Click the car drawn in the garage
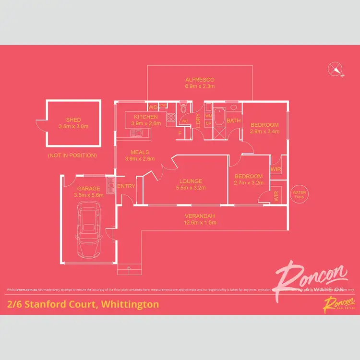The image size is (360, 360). pos(88,229)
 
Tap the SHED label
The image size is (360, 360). pos(73,120)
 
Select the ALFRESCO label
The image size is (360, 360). pos(199,80)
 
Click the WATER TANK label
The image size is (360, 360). pos(299,194)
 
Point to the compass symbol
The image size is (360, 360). pos(336,70)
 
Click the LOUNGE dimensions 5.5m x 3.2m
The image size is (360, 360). pos(191,188)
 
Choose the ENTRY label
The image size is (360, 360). pos(126,186)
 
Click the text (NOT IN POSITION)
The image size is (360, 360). pos(72,156)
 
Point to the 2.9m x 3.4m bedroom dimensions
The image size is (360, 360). pos(264,132)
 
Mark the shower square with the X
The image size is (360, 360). pos(218,133)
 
